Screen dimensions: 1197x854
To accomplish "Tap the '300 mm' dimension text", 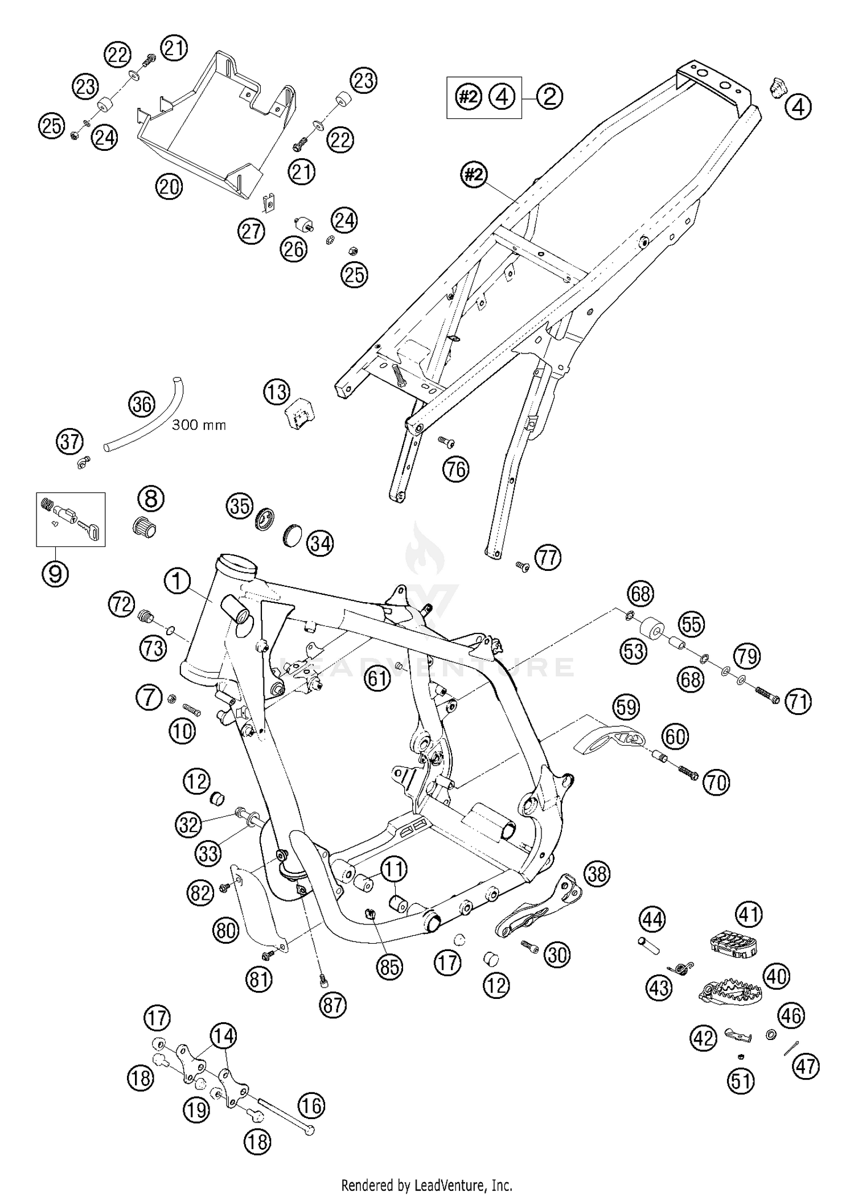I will pyautogui.click(x=199, y=425).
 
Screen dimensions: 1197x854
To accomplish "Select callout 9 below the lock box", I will pyautogui.click(x=55, y=573).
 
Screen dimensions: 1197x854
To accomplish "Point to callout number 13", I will pyautogui.click(x=277, y=392).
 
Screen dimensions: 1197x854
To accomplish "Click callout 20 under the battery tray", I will pyautogui.click(x=169, y=187).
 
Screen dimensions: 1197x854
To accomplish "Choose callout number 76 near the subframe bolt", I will pyautogui.click(x=456, y=470).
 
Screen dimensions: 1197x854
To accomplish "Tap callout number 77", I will pyautogui.click(x=548, y=557).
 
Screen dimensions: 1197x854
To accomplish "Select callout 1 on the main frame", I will pyautogui.click(x=178, y=582).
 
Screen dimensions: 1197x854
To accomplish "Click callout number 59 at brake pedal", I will pyautogui.click(x=626, y=707).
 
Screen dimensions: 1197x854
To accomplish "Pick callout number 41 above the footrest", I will pyautogui.click(x=749, y=915).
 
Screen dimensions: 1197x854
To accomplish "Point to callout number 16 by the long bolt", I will pyautogui.click(x=311, y=1106).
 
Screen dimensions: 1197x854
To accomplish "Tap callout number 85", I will pyautogui.click(x=389, y=966).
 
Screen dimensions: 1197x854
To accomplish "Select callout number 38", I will pyautogui.click(x=597, y=874).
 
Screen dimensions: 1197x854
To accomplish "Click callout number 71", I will pyautogui.click(x=798, y=701).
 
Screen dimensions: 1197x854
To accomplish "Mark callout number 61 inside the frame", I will pyautogui.click(x=377, y=678).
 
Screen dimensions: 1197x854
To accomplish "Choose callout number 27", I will pyautogui.click(x=252, y=231).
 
